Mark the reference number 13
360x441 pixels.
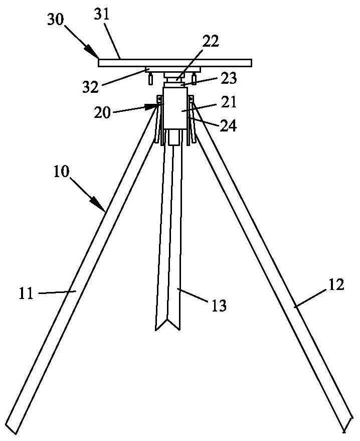[220, 304]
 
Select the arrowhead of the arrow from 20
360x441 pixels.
[153, 106]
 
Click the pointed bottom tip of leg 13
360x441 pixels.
[167, 329]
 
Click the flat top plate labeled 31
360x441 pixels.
[175, 63]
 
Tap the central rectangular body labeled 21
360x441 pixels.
[176, 108]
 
